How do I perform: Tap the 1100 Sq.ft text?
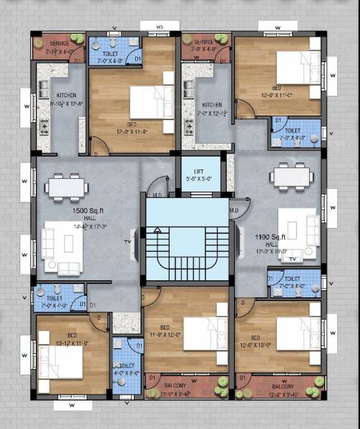(x=270, y=236)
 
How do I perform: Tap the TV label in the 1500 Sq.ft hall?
(x=130, y=242)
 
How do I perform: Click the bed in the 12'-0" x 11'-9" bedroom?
(x=151, y=102)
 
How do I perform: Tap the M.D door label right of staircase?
(x=234, y=210)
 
